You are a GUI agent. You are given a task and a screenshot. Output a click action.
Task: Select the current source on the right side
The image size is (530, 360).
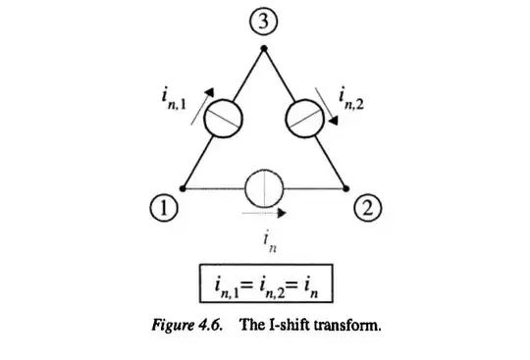coord(304,120)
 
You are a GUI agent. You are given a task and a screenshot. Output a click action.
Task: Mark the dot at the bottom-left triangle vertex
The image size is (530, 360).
coord(184,186)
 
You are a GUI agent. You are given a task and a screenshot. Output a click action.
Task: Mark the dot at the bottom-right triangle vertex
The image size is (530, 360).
coord(346,186)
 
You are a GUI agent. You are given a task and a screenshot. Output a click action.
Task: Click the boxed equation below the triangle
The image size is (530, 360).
coord(263,287)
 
